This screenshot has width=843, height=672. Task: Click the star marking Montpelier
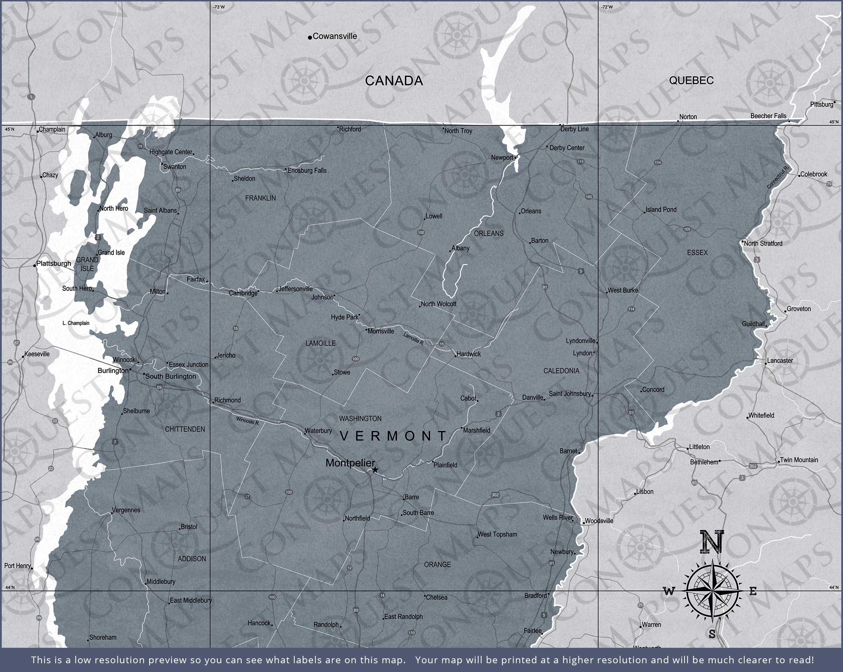coord(375,470)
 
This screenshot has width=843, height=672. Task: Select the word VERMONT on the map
coord(393,435)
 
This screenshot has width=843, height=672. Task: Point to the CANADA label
coord(394,81)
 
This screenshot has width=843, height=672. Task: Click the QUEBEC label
coord(691,80)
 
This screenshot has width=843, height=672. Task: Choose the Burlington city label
coord(113,370)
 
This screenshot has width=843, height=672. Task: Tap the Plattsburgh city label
coord(54,263)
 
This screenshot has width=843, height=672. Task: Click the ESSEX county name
coord(697,253)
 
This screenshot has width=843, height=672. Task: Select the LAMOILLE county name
coord(321,344)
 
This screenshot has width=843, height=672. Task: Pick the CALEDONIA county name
coord(561,371)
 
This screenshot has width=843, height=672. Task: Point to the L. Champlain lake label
coord(76,323)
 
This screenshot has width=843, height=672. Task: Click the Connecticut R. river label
coord(778,177)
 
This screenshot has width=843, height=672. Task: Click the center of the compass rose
coord(712,591)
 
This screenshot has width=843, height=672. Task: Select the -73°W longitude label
coord(219,7)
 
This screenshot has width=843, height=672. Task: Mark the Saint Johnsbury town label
coord(569,393)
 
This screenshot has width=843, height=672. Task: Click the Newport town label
coord(502,158)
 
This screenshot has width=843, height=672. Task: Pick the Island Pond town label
coord(661,209)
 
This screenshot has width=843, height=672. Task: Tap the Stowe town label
coord(342,372)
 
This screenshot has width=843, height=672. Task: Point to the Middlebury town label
coord(161,582)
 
